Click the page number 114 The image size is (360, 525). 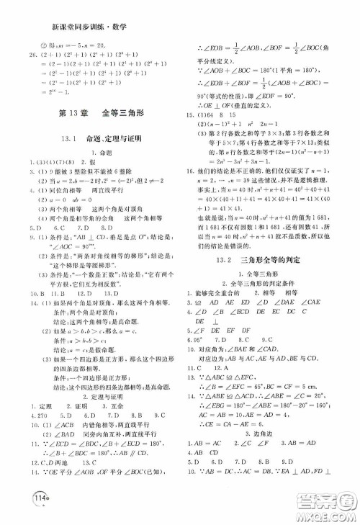point(21,503)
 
